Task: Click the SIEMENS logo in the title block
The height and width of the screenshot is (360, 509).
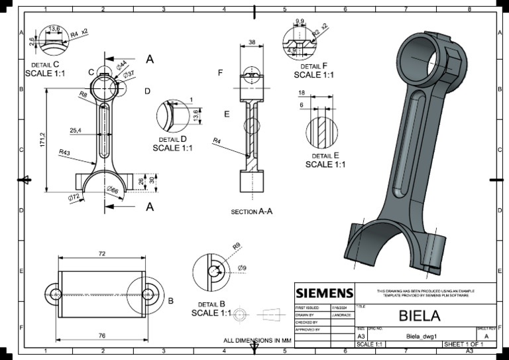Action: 324,293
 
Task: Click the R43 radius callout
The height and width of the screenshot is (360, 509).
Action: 64,152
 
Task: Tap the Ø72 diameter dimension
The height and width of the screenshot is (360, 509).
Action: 74,198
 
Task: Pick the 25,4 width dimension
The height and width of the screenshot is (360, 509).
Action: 76,131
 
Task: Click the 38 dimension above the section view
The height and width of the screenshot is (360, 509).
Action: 251,42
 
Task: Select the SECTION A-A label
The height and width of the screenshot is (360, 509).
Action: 252,211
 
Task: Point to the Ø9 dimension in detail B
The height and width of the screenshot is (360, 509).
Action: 242,268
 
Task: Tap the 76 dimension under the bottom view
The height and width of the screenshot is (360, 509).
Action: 102,336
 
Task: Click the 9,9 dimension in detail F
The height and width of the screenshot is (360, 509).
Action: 300,22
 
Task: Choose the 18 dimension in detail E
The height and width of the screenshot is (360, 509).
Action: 302,93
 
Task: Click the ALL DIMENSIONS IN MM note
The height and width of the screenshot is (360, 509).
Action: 257,340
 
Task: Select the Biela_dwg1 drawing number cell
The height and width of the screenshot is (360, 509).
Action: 422,336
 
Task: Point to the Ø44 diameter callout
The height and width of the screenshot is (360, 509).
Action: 121,65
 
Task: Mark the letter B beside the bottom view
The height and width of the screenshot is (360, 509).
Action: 170,300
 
